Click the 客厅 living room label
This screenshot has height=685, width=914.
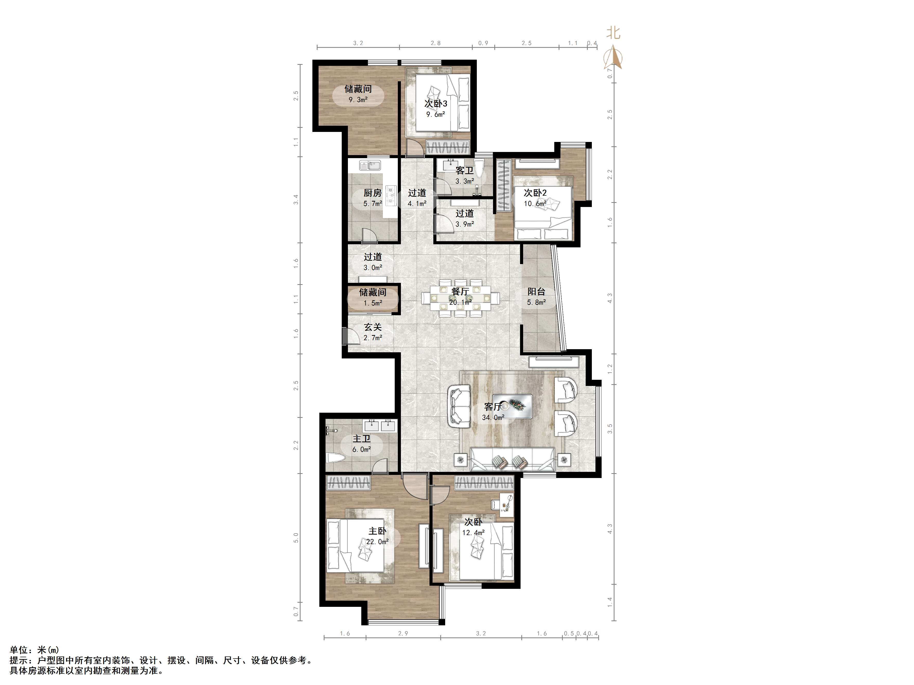pyautogui.click(x=493, y=407)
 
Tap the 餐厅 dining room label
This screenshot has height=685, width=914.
pyautogui.click(x=460, y=292)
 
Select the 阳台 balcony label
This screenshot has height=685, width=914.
pyautogui.click(x=536, y=292)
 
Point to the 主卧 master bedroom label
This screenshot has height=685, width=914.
pyautogui.click(x=377, y=531)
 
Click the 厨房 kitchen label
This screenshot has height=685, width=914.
pyautogui.click(x=373, y=193)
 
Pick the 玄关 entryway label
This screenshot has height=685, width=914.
pyautogui.click(x=373, y=327)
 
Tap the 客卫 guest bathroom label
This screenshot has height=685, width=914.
pyautogui.click(x=464, y=170)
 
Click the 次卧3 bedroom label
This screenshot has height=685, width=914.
pyautogui.click(x=436, y=104)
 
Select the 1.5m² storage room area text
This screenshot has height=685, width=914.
pyautogui.click(x=373, y=303)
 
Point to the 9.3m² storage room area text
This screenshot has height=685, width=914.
pyautogui.click(x=358, y=100)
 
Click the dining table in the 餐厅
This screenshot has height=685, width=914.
pyautogui.click(x=460, y=298)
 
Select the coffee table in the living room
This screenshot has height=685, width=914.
pyautogui.click(x=512, y=406)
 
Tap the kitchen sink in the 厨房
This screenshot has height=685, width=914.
pyautogui.click(x=81, y=166)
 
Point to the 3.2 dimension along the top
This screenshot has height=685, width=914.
pyautogui.click(x=358, y=43)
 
